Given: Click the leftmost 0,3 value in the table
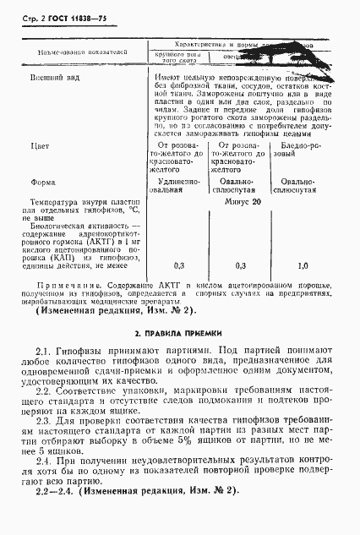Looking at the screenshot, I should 178,265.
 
